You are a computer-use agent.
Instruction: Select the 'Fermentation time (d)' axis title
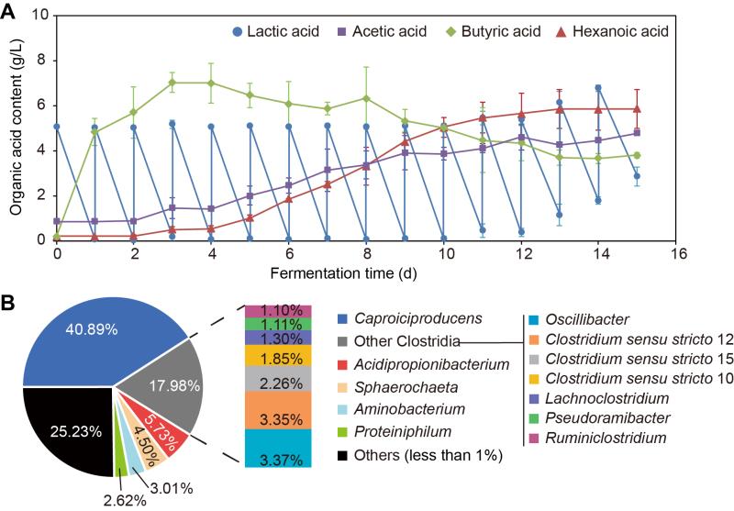[x=364, y=274]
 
